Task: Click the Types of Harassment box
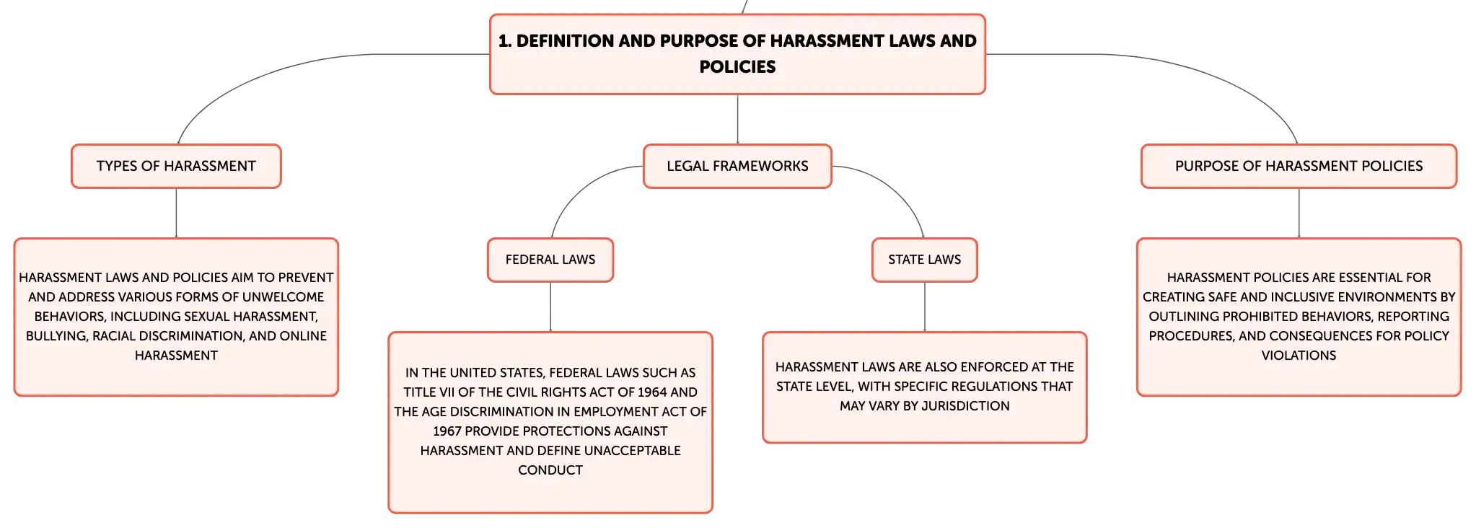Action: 176,166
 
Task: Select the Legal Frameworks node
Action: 737,166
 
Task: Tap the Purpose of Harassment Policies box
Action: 1299,166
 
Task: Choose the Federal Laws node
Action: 550,260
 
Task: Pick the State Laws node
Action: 924,260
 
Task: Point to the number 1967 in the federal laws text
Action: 447,431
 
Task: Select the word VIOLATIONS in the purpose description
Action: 1299,356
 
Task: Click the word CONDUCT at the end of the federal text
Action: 550,470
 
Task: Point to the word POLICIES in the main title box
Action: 737,67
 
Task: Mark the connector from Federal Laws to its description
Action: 550,307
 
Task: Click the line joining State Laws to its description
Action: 925,307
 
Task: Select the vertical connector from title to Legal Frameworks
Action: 737,119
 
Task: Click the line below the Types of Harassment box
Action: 176,213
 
